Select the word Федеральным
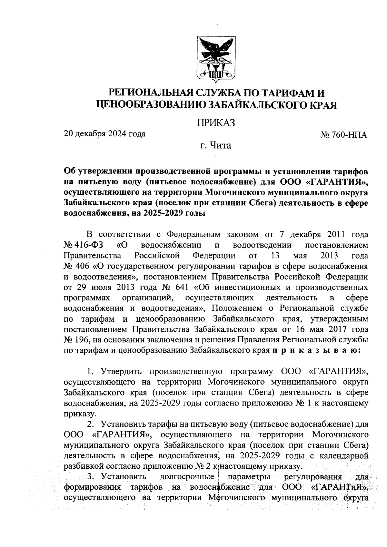point(192,235)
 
